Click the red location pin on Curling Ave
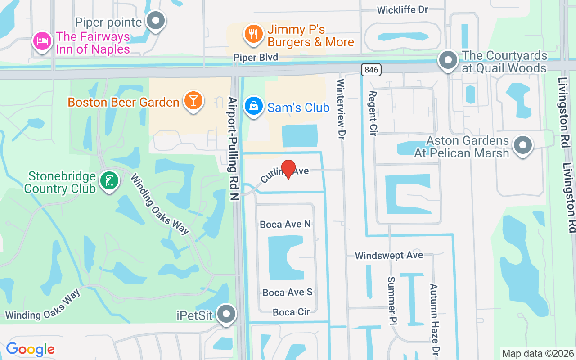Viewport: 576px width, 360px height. (288, 169)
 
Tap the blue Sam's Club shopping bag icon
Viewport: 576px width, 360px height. (254, 106)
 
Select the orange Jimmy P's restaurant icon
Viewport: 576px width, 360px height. (254, 34)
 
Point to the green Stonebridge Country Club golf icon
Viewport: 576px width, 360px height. (109, 181)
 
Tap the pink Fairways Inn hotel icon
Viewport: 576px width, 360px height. (41, 41)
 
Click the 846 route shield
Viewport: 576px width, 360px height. (371, 69)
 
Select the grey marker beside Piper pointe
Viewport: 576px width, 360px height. (156, 20)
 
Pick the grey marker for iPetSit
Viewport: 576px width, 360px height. (226, 314)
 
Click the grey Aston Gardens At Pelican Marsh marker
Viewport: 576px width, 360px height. (522, 145)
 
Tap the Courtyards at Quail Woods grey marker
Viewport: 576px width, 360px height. (448, 60)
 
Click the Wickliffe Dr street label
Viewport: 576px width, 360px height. (402, 9)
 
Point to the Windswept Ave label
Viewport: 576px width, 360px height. (389, 256)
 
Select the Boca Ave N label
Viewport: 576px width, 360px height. (285, 224)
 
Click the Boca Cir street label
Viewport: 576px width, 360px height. (291, 312)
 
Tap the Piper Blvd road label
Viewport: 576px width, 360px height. (256, 57)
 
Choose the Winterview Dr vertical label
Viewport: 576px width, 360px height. (341, 108)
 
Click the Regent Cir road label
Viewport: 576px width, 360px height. (373, 112)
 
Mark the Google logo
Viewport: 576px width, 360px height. (30, 349)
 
